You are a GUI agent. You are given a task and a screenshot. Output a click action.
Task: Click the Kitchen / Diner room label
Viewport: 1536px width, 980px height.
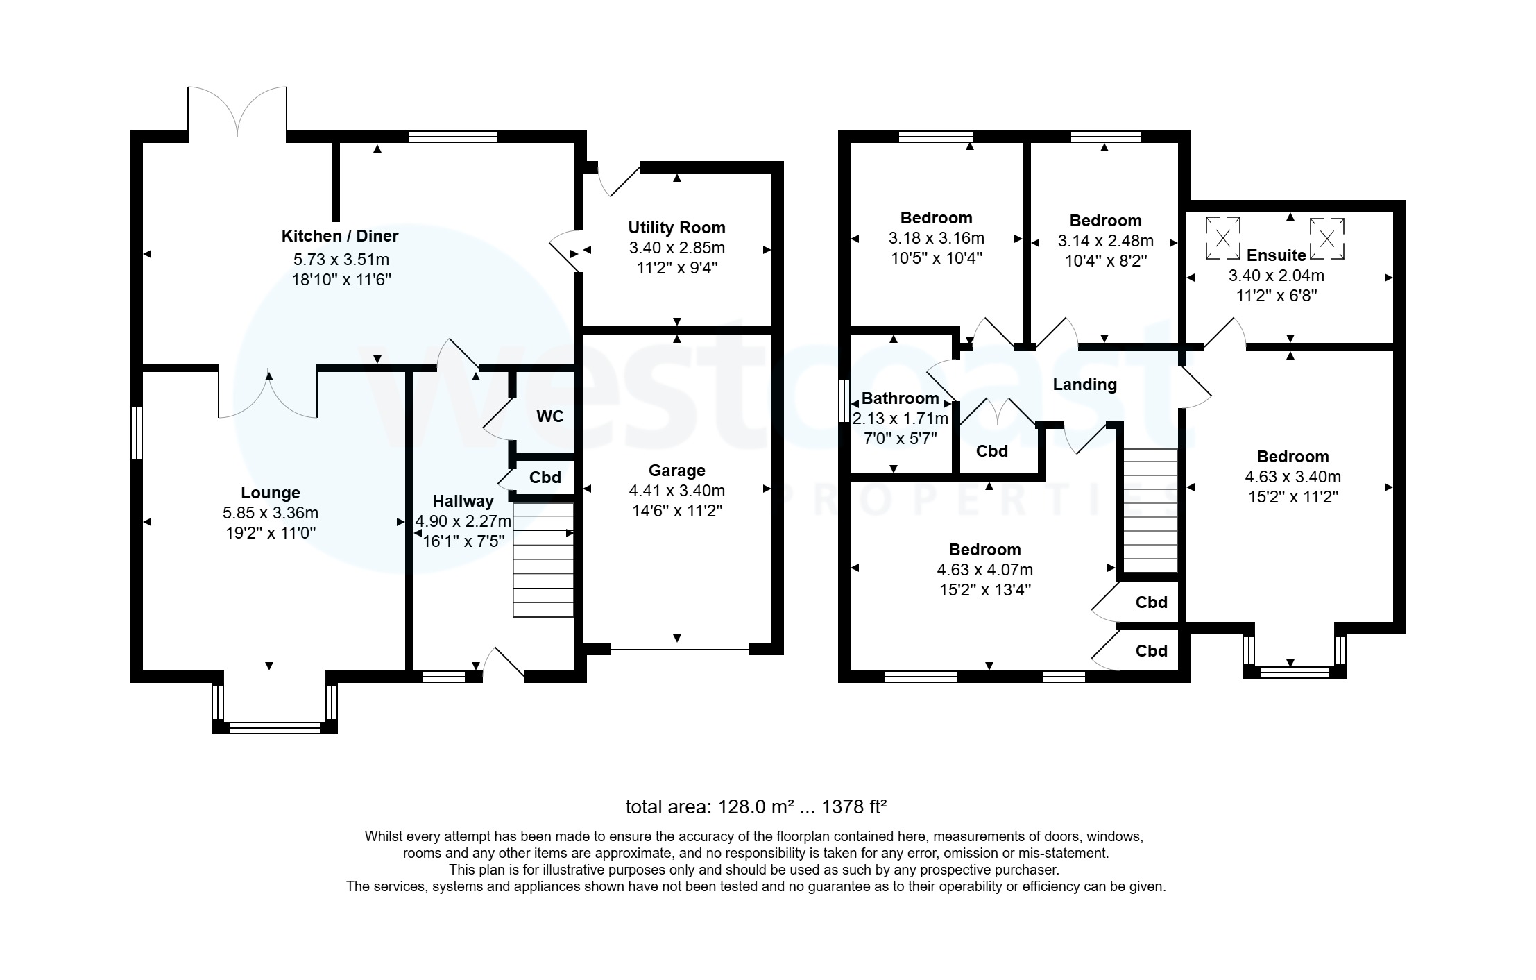339,236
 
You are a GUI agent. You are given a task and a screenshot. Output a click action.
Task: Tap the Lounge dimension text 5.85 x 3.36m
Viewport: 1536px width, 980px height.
270,513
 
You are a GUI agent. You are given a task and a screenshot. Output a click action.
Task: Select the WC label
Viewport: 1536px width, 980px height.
549,416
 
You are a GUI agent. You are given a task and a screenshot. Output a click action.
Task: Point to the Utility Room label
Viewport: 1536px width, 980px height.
676,228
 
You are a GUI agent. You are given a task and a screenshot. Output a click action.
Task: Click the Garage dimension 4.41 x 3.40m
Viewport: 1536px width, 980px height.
676,491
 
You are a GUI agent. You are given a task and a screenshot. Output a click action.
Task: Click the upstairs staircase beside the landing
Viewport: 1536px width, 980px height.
1150,510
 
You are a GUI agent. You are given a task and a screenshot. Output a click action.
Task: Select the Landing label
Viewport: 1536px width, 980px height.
1084,385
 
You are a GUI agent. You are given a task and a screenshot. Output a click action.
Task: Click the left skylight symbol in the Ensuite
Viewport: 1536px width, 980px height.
1222,239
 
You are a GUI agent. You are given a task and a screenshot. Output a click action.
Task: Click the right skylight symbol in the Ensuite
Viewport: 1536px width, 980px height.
1326,239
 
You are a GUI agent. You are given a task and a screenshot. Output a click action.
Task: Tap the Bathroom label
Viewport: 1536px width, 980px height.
900,398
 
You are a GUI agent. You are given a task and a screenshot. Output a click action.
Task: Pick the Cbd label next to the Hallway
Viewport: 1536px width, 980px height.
545,478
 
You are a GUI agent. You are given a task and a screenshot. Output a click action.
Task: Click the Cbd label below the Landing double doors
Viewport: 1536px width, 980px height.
991,451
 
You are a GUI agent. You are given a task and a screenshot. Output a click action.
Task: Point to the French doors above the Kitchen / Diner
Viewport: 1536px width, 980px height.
237,111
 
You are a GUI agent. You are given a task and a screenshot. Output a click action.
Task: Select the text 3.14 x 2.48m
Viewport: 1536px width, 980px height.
1105,241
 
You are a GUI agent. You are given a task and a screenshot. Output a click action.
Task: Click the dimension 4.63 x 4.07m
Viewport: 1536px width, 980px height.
984,570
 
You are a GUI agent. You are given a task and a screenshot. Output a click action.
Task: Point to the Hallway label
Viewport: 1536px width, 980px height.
463,501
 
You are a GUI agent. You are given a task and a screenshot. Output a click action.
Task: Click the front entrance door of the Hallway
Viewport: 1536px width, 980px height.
504,663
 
